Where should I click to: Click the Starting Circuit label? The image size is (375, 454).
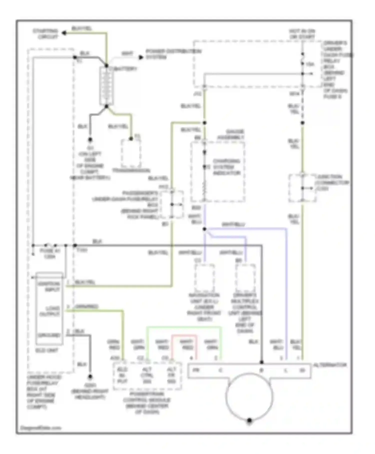click(45, 34)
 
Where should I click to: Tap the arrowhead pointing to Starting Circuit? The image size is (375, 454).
click(64, 33)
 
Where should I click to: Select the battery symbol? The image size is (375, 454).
click(106, 86)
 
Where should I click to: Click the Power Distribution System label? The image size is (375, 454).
click(173, 54)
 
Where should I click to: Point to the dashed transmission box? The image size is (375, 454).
click(131, 153)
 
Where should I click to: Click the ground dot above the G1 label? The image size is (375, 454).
click(90, 139)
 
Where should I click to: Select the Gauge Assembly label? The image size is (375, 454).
click(231, 134)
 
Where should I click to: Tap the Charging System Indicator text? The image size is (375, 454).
click(226, 167)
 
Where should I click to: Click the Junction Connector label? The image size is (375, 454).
click(332, 182)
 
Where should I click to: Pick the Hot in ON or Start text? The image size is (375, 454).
click(302, 34)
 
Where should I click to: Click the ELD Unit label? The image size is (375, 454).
click(47, 350)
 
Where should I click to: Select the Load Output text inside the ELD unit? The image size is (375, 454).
click(50, 311)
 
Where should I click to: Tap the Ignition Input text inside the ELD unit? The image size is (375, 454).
click(49, 287)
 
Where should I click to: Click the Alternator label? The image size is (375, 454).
click(330, 365)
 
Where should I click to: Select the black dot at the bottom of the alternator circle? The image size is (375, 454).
click(249, 420)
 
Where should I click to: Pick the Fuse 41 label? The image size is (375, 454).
click(50, 253)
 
